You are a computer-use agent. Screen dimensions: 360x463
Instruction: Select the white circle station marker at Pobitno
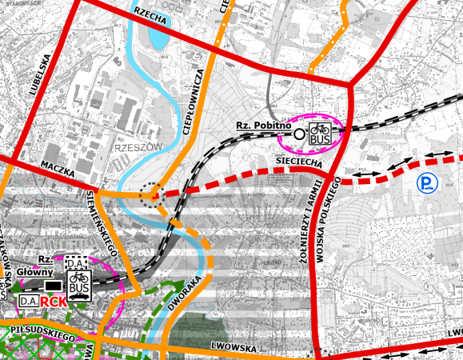299,134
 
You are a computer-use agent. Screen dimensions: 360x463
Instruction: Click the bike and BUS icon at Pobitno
319,134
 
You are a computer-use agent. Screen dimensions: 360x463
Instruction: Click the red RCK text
54,302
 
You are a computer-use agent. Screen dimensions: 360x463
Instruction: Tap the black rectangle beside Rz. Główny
52,284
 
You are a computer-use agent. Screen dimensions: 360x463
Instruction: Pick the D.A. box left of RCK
28,301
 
